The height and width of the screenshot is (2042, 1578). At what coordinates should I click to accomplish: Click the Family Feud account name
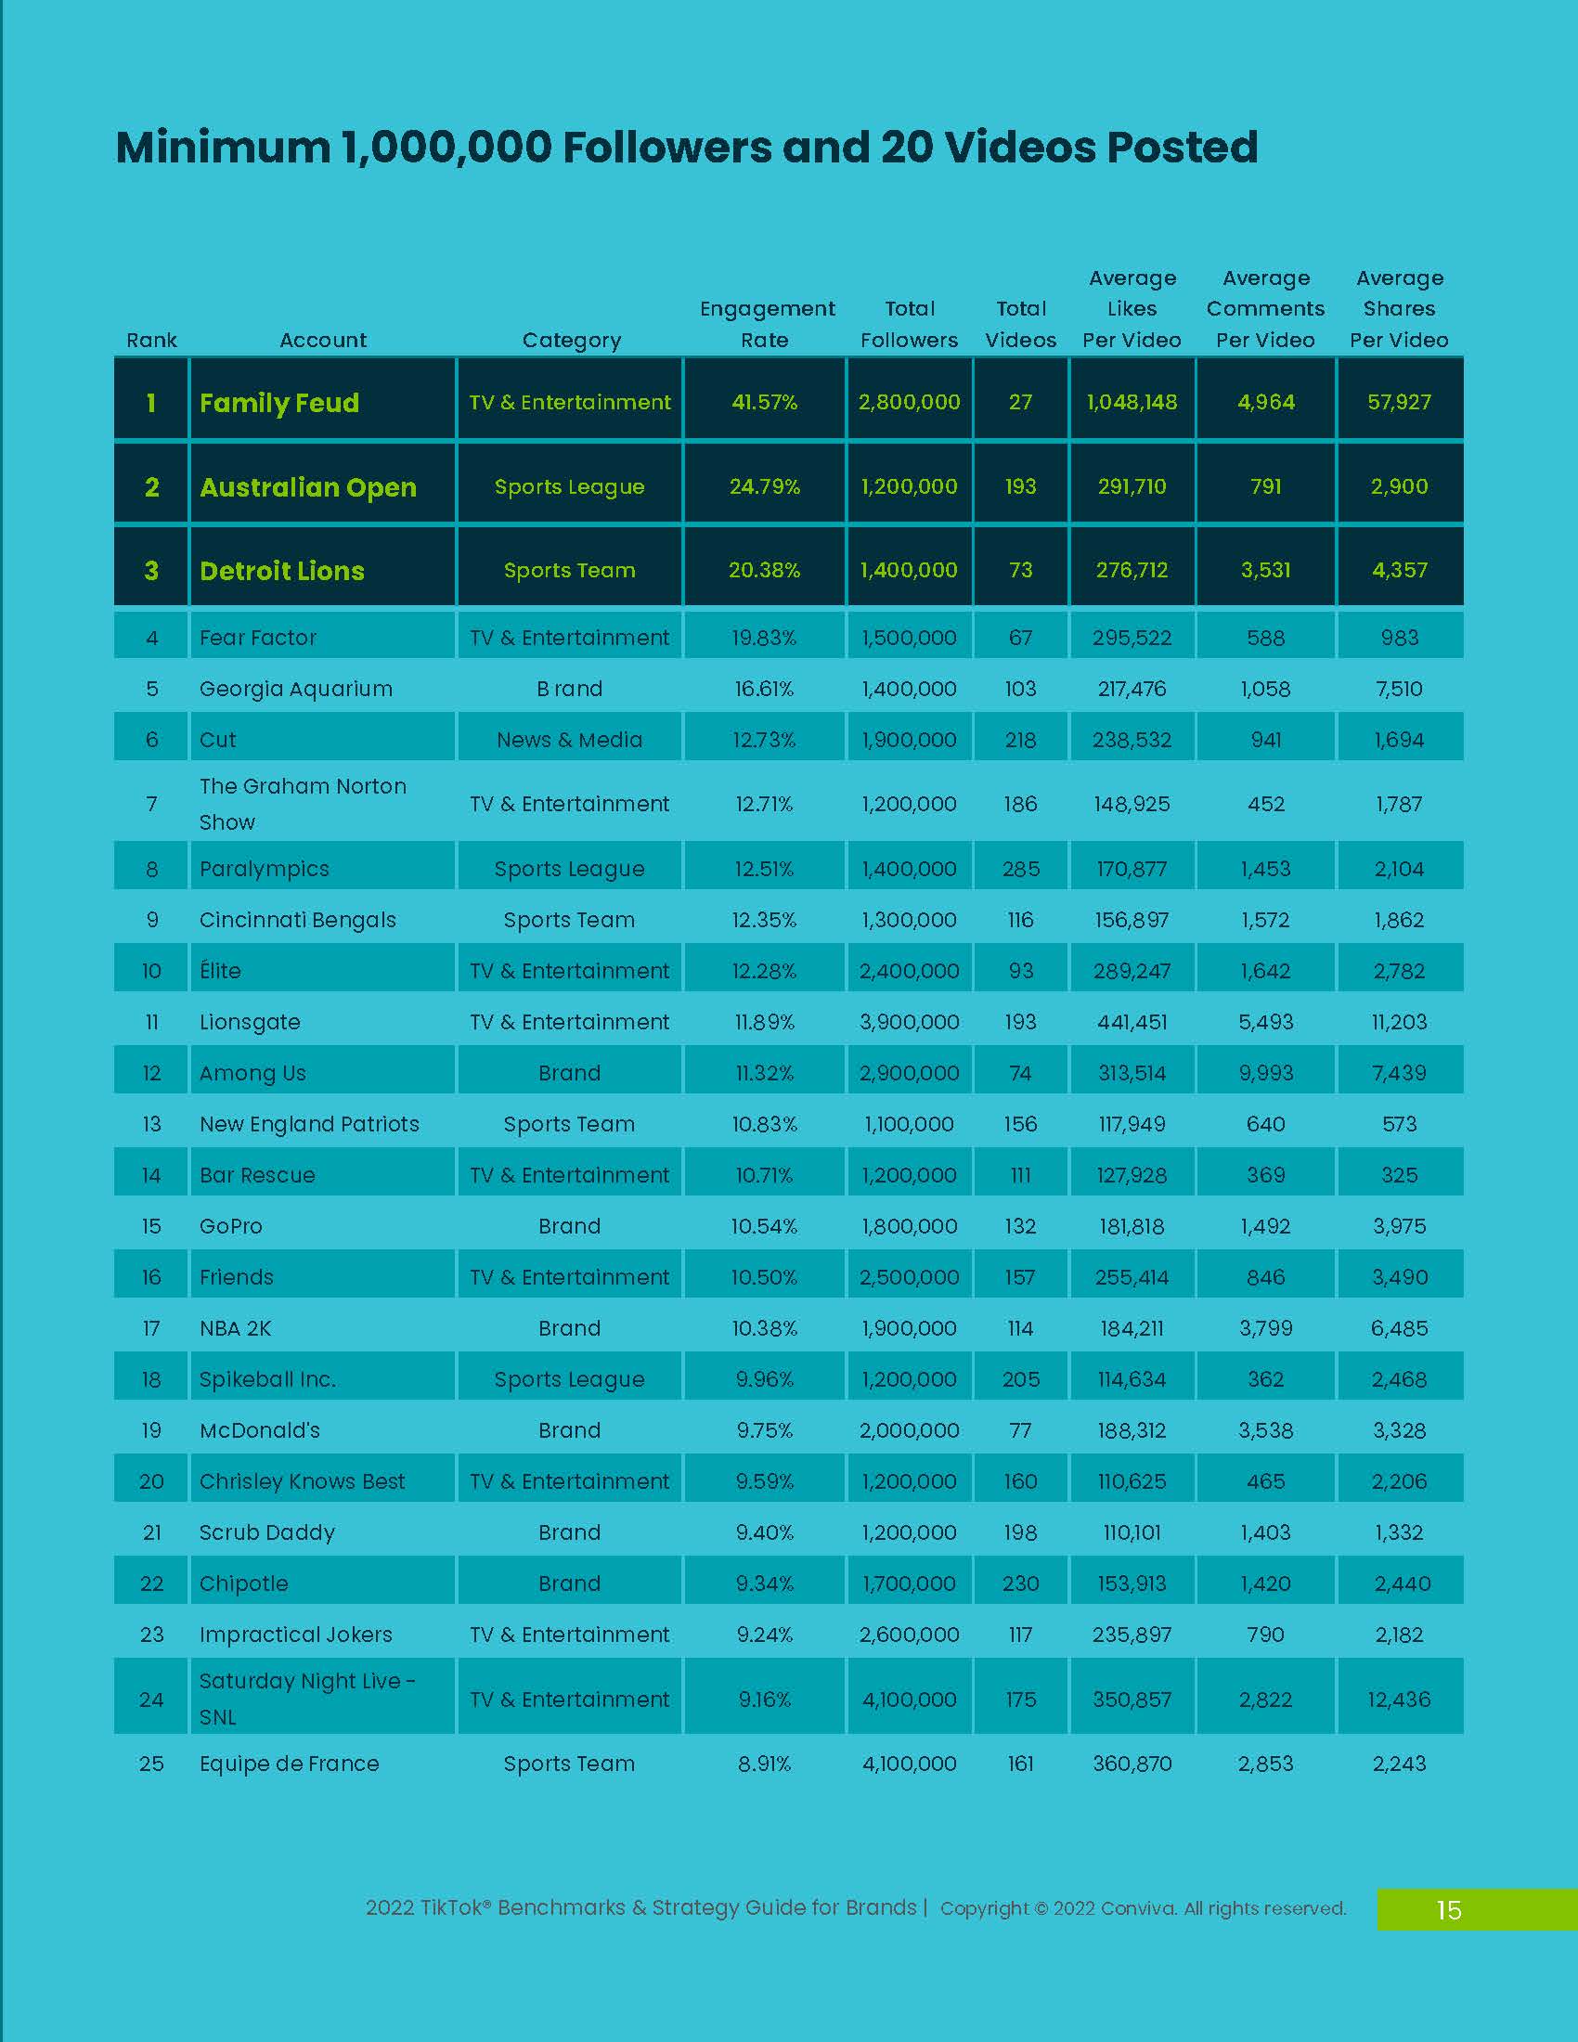tap(278, 403)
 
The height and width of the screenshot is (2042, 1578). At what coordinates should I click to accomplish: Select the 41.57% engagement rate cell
tap(764, 402)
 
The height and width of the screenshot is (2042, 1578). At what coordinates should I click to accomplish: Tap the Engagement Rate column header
tap(767, 324)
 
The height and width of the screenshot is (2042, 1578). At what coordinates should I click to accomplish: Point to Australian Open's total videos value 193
tap(1020, 486)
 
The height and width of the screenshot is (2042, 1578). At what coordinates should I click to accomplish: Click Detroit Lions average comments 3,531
tap(1265, 570)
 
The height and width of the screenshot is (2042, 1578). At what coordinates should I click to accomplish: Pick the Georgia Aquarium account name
tap(295, 689)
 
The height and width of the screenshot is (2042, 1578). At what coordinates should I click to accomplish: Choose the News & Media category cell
tap(569, 740)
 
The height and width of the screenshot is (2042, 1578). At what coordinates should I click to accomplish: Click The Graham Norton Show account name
tap(302, 804)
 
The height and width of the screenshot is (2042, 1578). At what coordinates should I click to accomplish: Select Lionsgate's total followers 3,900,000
tap(909, 1022)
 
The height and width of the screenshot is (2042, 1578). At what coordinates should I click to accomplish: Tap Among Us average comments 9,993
tap(1265, 1072)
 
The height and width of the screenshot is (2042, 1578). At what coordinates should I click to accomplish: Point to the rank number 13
tap(151, 1124)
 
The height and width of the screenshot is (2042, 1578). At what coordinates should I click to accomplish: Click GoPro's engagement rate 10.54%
tap(764, 1226)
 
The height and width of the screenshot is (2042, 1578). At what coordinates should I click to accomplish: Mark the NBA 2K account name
tap(235, 1327)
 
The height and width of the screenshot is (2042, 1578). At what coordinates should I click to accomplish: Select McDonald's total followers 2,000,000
tap(909, 1429)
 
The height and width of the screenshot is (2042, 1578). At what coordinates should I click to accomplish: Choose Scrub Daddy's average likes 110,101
tap(1132, 1532)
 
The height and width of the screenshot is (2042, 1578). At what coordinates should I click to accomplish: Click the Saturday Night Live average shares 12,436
tap(1399, 1699)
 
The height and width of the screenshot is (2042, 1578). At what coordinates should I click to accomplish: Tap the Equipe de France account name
tap(289, 1764)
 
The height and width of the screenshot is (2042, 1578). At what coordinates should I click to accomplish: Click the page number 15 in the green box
tap(1448, 1910)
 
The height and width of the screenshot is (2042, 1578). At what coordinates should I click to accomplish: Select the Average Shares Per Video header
tap(1399, 308)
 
